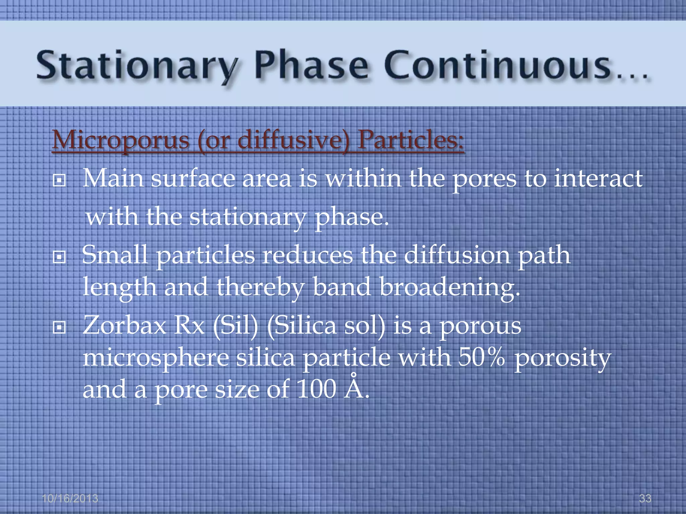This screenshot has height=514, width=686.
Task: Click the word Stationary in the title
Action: tap(137, 65)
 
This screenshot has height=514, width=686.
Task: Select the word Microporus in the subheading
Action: tap(121, 140)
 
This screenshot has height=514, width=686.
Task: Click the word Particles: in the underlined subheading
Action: tap(411, 140)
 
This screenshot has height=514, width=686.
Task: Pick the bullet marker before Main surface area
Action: tap(59, 181)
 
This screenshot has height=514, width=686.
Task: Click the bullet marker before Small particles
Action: tap(59, 257)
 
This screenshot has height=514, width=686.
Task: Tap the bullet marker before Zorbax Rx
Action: tap(59, 328)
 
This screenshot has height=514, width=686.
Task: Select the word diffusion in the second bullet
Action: tap(457, 255)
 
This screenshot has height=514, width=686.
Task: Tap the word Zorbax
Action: tap(124, 325)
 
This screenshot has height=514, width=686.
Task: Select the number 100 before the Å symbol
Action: tap(316, 389)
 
